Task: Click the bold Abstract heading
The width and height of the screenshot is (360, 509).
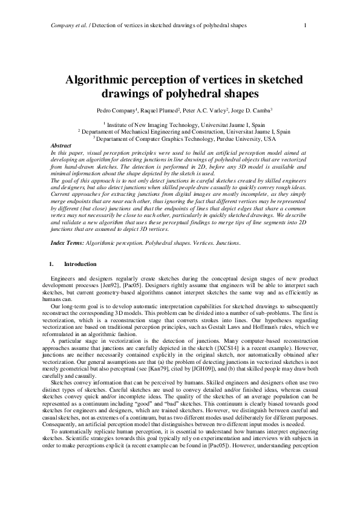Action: [x=61, y=146]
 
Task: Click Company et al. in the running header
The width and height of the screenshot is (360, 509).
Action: [x=63, y=25]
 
